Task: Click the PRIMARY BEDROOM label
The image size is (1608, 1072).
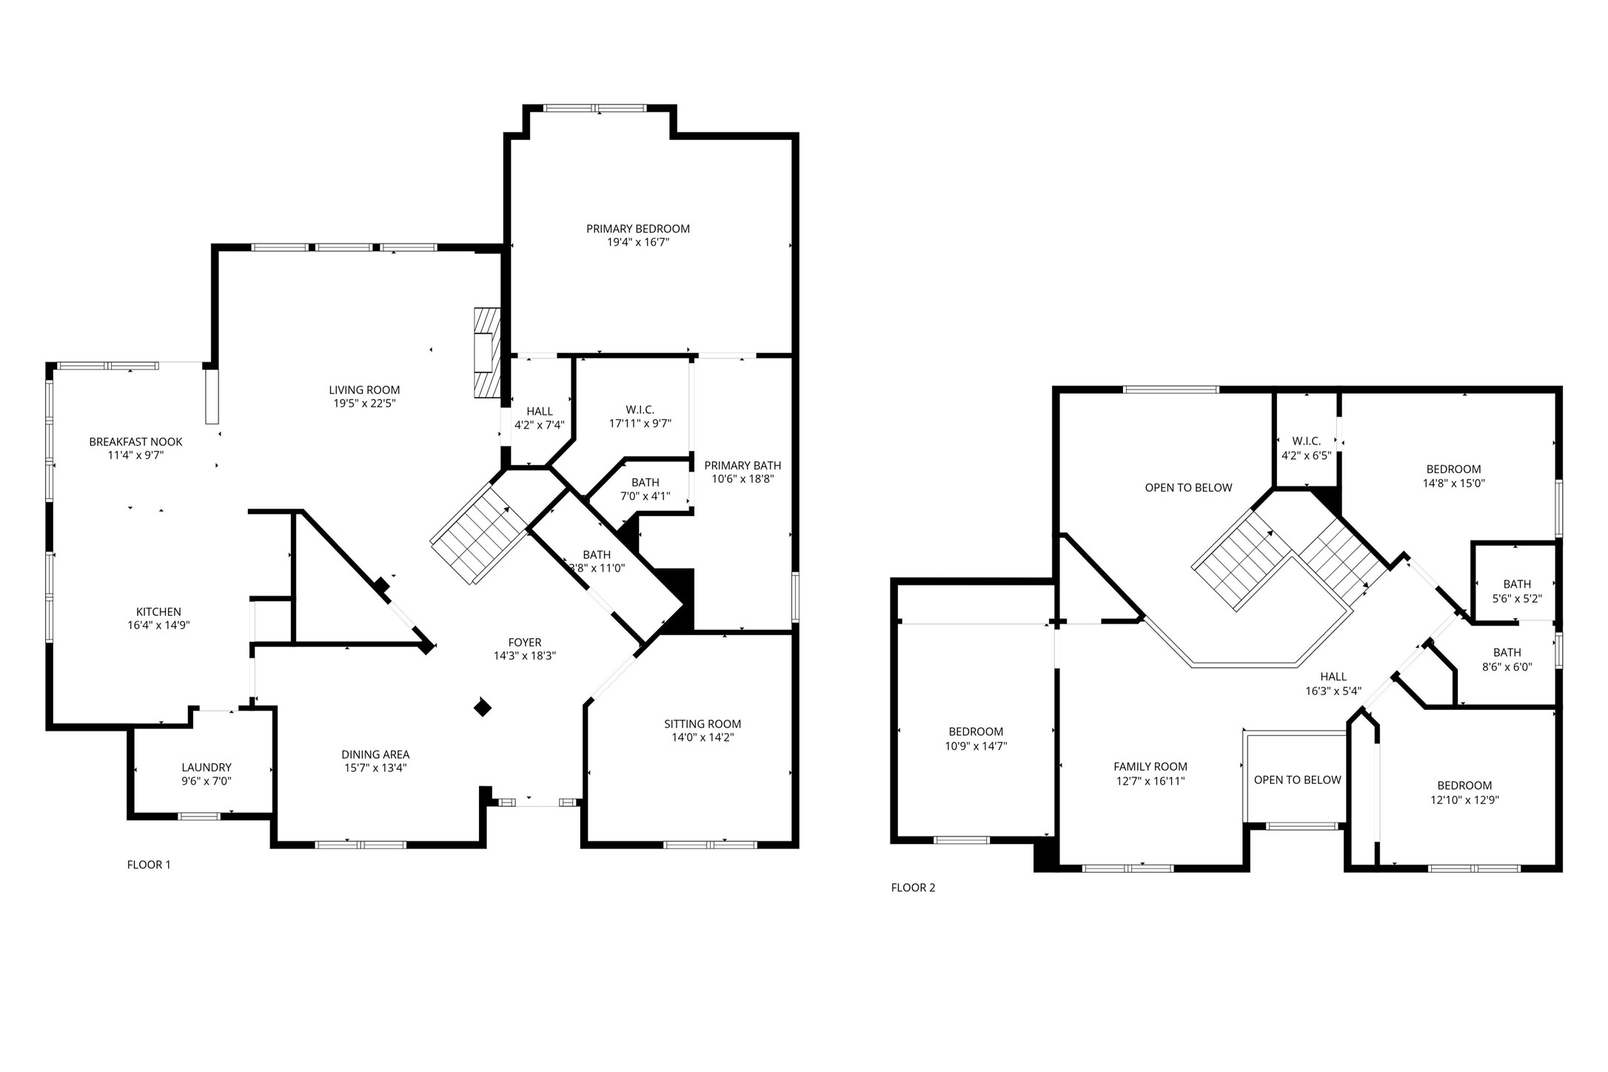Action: tap(637, 229)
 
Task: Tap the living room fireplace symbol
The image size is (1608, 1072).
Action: tap(486, 353)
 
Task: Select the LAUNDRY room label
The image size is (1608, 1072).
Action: tap(207, 768)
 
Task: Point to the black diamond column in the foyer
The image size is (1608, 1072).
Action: tap(483, 708)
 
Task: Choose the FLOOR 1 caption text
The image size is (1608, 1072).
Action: tap(149, 865)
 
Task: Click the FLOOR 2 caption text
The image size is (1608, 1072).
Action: tap(913, 888)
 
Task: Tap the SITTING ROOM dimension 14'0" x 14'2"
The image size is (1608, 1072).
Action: tap(702, 737)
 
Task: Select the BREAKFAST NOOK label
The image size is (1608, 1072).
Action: tap(135, 442)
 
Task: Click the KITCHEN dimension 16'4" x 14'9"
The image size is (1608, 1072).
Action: tap(158, 626)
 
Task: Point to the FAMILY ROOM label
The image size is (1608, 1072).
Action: tap(1150, 767)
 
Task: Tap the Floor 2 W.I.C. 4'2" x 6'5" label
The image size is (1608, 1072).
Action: tap(1306, 441)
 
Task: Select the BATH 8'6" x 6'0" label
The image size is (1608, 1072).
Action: tap(1507, 652)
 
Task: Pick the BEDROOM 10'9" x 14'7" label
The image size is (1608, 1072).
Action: tap(976, 731)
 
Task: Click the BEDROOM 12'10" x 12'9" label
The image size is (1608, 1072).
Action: tap(1464, 785)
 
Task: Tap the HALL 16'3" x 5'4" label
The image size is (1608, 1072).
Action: tap(1333, 677)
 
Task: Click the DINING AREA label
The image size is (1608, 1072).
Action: tap(375, 754)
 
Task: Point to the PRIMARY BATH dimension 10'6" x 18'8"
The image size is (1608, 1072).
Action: tap(742, 479)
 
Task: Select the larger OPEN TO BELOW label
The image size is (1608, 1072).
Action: tap(1188, 487)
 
